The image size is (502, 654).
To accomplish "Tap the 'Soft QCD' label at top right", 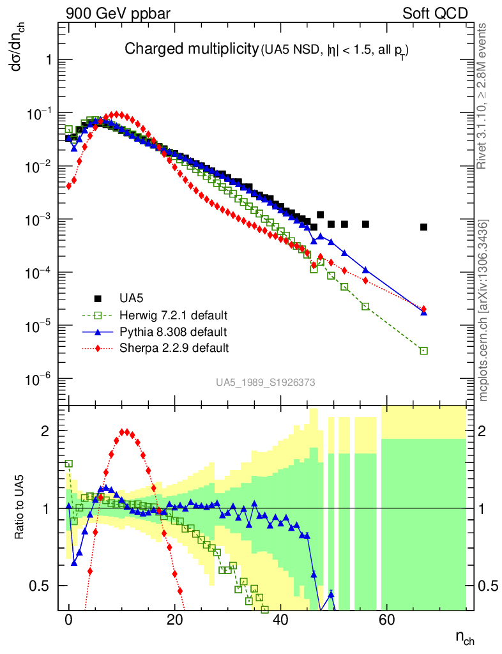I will tap(435, 13).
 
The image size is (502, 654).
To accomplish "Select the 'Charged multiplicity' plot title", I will tap(190, 49).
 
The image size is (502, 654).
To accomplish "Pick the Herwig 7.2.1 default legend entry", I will tap(174, 316).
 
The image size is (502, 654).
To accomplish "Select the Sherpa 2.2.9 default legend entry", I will tap(174, 348).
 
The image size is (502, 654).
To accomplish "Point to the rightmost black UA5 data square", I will tap(423, 227).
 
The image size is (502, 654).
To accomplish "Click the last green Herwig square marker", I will tap(423, 351).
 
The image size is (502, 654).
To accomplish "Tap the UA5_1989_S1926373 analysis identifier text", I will tap(265, 382).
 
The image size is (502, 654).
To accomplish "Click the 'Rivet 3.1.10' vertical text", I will tap(483, 96).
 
